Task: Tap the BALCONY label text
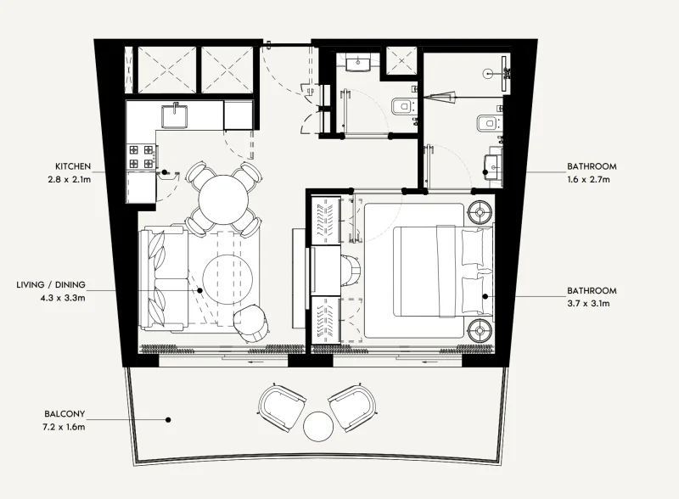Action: [65, 414]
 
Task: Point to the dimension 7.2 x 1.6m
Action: [65, 427]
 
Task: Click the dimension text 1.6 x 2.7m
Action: [592, 179]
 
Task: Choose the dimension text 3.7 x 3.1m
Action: [592, 303]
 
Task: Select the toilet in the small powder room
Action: [401, 107]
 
